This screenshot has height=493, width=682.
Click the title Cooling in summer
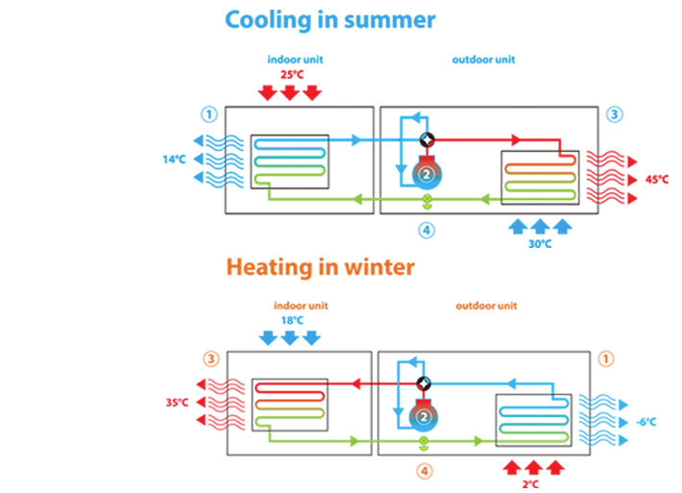[329, 19]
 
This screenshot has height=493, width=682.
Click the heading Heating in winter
[320, 266]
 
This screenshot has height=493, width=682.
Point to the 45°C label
[656, 179]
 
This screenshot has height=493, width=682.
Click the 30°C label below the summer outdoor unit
[540, 244]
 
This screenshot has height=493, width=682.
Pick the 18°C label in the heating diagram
[289, 321]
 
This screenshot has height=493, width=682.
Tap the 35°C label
[177, 403]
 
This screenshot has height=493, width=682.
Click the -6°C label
[645, 422]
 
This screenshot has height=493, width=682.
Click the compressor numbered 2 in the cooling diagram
[426, 173]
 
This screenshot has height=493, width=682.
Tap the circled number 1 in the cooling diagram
[207, 114]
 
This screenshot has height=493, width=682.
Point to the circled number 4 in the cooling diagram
[426, 230]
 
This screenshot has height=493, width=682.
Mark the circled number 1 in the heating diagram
[605, 358]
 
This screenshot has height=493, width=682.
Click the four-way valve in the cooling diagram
[426, 140]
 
